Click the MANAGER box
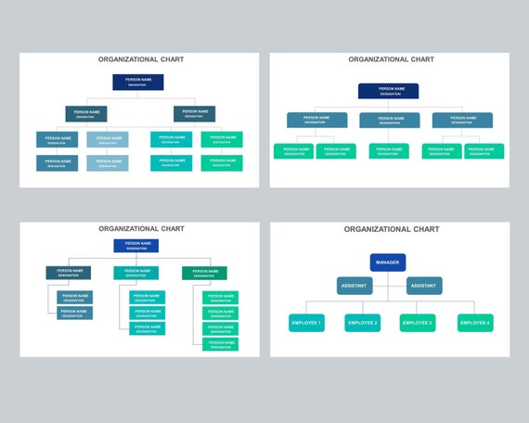coord(388,263)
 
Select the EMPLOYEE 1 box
coord(306,323)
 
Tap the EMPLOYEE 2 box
coord(362,323)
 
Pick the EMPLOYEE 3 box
coord(418,323)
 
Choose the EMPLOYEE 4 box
coord(475,323)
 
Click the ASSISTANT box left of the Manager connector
coord(355,286)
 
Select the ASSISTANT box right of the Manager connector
coord(423,286)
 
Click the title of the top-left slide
coord(141,59)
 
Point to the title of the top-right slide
coord(391,59)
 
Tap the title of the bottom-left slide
coord(141,228)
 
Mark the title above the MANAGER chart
coord(391,229)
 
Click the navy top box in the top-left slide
coord(138,82)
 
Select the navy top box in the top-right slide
coord(388,91)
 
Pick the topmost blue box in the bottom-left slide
coord(136,246)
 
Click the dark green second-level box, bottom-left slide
coord(204,273)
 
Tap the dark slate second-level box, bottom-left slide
coord(69,273)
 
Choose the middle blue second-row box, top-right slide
coord(389,120)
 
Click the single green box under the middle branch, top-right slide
coord(389,150)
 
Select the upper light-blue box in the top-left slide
coord(108,139)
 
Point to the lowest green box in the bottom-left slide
coord(220,343)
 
